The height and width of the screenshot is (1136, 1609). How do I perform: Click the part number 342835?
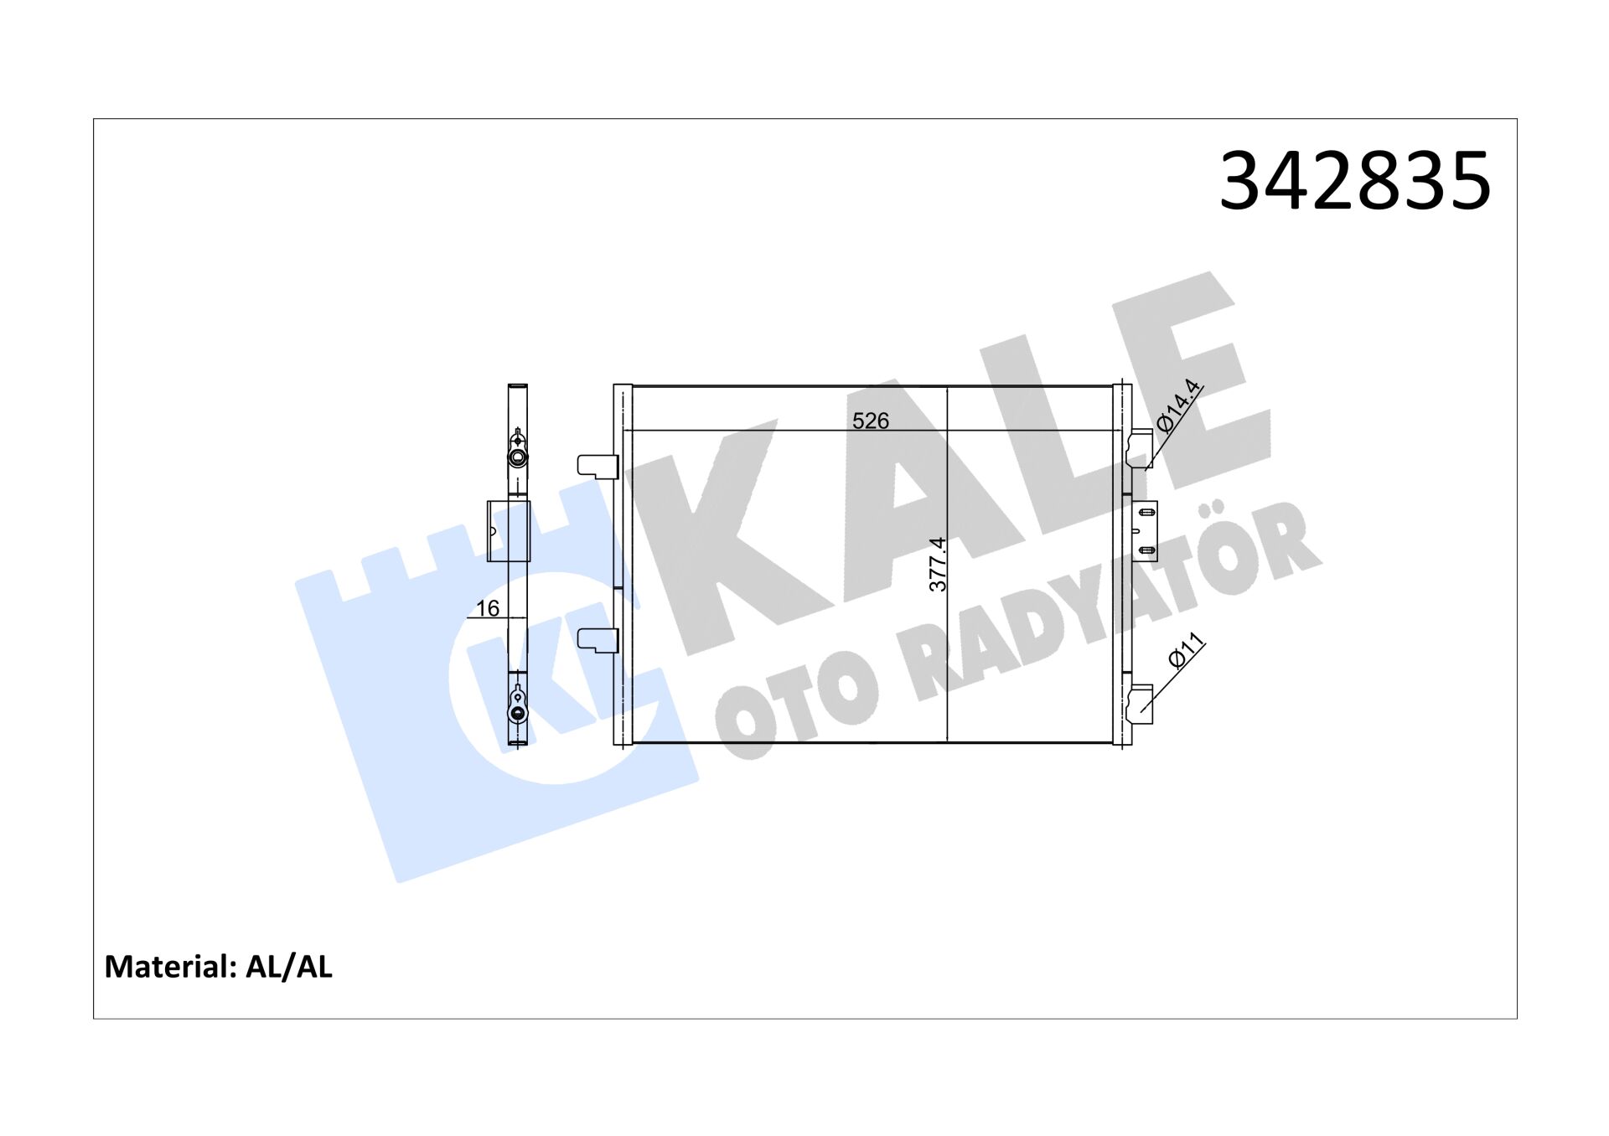click(1354, 181)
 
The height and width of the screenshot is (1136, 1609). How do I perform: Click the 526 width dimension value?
click(870, 421)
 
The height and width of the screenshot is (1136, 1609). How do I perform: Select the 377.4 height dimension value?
click(938, 564)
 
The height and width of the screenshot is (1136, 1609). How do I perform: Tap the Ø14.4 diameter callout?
click(1178, 405)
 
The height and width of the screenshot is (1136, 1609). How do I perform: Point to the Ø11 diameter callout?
click(1186, 651)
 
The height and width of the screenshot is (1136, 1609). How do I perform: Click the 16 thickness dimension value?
click(487, 608)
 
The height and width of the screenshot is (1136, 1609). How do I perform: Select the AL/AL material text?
click(288, 967)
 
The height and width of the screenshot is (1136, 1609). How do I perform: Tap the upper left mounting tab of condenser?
click(598, 466)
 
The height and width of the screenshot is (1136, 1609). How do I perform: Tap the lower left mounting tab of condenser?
click(598, 640)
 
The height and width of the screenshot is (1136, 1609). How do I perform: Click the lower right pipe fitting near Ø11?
click(1141, 704)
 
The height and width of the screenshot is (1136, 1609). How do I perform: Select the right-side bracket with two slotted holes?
click(1145, 531)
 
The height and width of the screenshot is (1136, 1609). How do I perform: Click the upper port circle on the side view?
click(518, 457)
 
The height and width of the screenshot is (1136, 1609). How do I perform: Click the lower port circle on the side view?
click(518, 713)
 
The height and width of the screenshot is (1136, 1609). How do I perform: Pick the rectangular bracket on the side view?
click(509, 531)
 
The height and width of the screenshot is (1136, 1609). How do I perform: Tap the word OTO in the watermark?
click(796, 695)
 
